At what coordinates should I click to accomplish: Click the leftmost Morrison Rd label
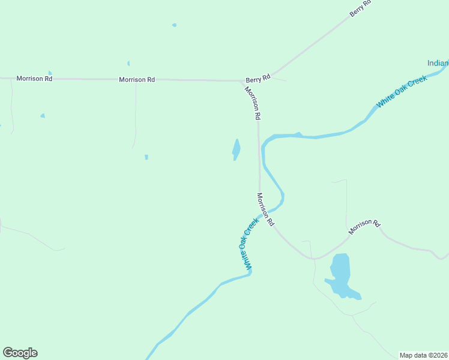[x=34, y=79]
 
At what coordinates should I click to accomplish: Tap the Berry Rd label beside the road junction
[x=258, y=78]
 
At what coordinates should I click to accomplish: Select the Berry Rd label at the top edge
[x=361, y=8]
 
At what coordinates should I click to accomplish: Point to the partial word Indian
[x=438, y=63]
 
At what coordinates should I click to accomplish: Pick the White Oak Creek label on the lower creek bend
[x=250, y=242]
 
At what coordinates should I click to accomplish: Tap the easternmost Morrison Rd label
[x=364, y=226]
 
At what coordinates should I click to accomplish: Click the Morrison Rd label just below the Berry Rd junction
[x=253, y=103]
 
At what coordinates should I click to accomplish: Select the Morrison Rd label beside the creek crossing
[x=265, y=209]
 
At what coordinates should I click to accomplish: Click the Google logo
[x=20, y=353]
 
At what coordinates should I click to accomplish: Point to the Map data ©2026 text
[x=423, y=355]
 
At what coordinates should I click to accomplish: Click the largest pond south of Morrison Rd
[x=340, y=275]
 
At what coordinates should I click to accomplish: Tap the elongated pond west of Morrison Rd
[x=237, y=149]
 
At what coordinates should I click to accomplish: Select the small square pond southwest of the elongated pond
[x=146, y=157]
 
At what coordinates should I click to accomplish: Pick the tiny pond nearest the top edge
[x=174, y=25]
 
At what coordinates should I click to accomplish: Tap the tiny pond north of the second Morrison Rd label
[x=128, y=63]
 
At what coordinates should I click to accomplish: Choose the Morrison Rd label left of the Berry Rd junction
[x=137, y=79]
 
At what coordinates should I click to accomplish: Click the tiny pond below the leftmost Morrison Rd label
[x=43, y=115]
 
